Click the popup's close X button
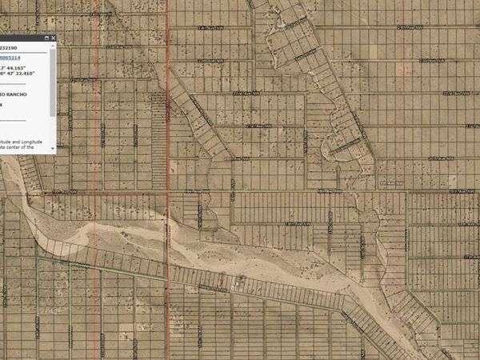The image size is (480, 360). click(x=54, y=38)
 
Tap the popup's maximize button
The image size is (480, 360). click(x=45, y=38)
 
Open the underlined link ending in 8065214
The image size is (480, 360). click(x=11, y=58)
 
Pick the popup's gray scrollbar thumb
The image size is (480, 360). click(x=53, y=80)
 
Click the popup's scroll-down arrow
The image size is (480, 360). click(x=53, y=148)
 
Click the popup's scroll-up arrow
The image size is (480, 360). click(x=53, y=46)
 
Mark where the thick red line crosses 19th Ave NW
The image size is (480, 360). click(x=169, y=191)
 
